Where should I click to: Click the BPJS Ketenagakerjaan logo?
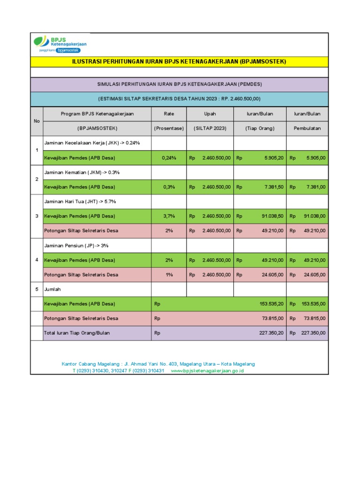(60, 44)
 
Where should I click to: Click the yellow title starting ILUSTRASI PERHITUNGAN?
(179, 61)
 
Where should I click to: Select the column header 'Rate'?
(169, 114)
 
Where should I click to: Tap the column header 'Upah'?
(210, 114)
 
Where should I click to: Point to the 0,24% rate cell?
(169, 158)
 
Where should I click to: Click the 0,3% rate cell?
(169, 187)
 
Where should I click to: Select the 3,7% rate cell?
(169, 216)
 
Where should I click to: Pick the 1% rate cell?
(169, 275)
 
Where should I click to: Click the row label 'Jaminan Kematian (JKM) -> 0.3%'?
(82, 172)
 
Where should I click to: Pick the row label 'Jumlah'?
(52, 289)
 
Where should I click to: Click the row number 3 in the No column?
(37, 216)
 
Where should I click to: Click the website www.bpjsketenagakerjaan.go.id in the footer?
(207, 371)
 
